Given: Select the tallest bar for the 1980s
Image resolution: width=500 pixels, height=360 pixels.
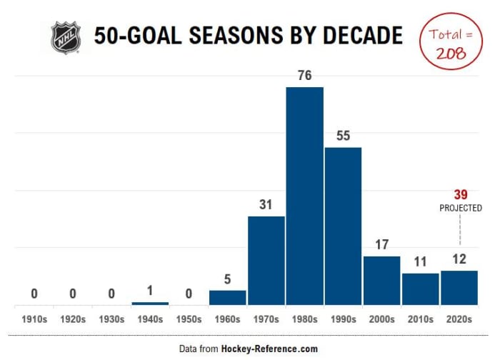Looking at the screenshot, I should (x=304, y=196).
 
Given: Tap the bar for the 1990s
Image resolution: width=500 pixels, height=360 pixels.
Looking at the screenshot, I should (x=343, y=226).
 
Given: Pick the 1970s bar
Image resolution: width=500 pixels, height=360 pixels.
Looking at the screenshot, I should (x=266, y=260).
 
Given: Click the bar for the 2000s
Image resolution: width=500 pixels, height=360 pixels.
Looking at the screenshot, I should (x=381, y=280).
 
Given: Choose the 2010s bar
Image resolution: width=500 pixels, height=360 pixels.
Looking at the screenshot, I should (x=420, y=289).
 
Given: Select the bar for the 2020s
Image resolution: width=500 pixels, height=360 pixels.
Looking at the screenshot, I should (x=459, y=287).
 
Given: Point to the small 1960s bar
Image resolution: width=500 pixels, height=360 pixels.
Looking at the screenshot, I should (x=227, y=297).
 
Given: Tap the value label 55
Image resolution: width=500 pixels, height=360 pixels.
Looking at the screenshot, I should (x=343, y=136).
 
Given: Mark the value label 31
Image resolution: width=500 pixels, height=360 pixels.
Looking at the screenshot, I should (x=266, y=205).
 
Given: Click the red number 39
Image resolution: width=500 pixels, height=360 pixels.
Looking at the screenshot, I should (x=459, y=195).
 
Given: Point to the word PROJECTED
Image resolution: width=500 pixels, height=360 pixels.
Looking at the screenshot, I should (x=459, y=208).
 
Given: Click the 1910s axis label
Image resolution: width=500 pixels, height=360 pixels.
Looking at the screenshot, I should (x=34, y=319).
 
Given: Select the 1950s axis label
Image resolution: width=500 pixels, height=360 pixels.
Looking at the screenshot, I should (x=189, y=319).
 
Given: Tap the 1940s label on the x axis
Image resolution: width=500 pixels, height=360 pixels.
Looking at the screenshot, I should (x=150, y=319).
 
